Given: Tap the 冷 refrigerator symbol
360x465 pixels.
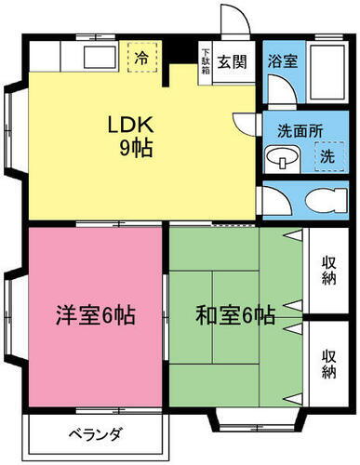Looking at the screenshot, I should coord(142,56).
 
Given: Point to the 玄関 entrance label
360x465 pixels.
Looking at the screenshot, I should coord(232,62).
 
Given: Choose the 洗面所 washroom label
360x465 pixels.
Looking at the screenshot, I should coord(300,130).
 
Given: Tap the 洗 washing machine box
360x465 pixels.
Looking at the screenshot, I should coord(327,157).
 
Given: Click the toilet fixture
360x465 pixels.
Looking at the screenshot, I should coord(315,201).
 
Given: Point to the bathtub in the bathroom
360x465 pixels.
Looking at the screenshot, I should coord(327,73).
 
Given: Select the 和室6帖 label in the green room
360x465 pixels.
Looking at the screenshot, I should coord(235,315).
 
